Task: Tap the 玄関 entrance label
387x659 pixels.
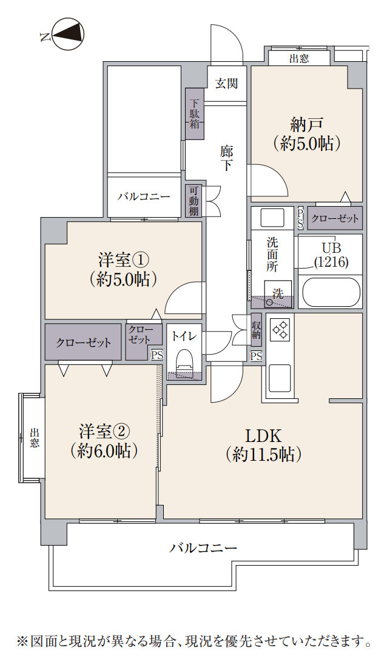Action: tap(226, 84)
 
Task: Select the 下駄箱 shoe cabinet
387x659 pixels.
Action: tap(195, 115)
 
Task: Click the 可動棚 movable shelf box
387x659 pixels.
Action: tap(193, 201)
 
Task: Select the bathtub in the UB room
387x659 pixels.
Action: tap(331, 292)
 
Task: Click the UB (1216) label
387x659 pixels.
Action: tap(331, 255)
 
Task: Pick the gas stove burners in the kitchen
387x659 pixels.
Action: tap(280, 329)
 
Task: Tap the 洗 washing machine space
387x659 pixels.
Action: tap(278, 293)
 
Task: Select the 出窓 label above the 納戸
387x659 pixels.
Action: tap(298, 58)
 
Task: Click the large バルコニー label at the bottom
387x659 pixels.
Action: tap(203, 548)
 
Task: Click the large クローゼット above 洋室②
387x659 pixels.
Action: tap(84, 343)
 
